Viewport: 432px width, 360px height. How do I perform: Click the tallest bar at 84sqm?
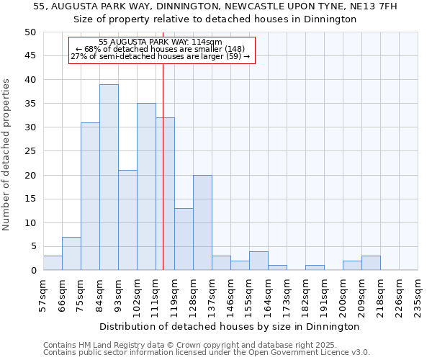(109, 177)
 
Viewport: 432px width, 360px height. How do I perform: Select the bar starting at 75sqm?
(90, 197)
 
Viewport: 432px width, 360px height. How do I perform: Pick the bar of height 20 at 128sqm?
(202, 222)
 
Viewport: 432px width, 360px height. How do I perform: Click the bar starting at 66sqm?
(71, 253)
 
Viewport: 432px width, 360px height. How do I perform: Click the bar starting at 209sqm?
(371, 263)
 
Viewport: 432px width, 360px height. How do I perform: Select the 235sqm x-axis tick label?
(418, 296)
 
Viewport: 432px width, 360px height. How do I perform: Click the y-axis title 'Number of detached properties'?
(7, 155)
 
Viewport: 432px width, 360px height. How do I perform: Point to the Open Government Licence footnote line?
(207, 353)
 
